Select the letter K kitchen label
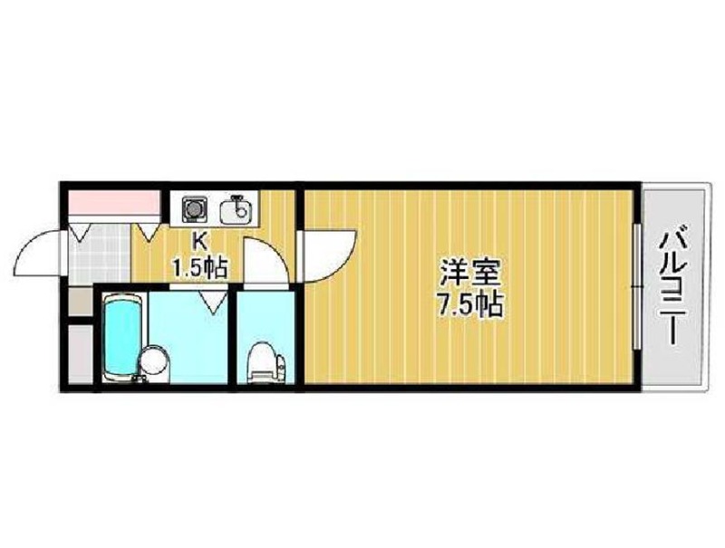pyautogui.click(x=199, y=240)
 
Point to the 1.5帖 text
pyautogui.click(x=199, y=267)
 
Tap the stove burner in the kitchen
pyautogui.click(x=193, y=208)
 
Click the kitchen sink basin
pyautogui.click(x=236, y=211)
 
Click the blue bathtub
pyautogui.click(x=122, y=336)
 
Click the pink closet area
pyautogui.click(x=115, y=202)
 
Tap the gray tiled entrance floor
pyautogui.click(x=100, y=254)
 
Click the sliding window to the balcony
pyautogui.click(x=637, y=286)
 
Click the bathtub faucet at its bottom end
pyautogui.click(x=140, y=379)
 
